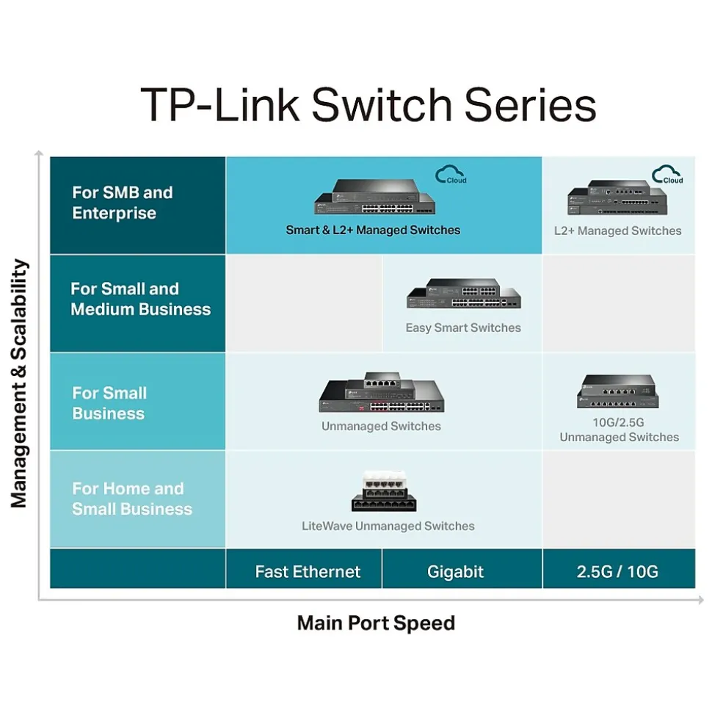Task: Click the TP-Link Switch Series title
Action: [368, 104]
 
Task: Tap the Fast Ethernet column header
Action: [308, 571]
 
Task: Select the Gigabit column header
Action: [455, 571]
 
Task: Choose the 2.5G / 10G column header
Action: [617, 571]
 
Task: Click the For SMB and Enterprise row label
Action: [123, 203]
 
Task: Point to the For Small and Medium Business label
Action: [140, 300]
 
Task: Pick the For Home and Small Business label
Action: [132, 499]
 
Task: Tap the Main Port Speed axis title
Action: [376, 623]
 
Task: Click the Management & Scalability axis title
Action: [20, 383]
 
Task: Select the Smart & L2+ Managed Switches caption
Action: [373, 230]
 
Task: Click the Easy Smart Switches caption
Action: [463, 327]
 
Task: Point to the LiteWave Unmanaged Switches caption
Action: [388, 526]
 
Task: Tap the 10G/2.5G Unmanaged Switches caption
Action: [619, 430]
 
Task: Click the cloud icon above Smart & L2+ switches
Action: [450, 175]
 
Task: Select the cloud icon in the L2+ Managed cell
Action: [667, 175]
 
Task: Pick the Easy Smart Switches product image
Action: [463, 294]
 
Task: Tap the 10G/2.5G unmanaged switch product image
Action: [617, 392]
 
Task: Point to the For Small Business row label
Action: [109, 403]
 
